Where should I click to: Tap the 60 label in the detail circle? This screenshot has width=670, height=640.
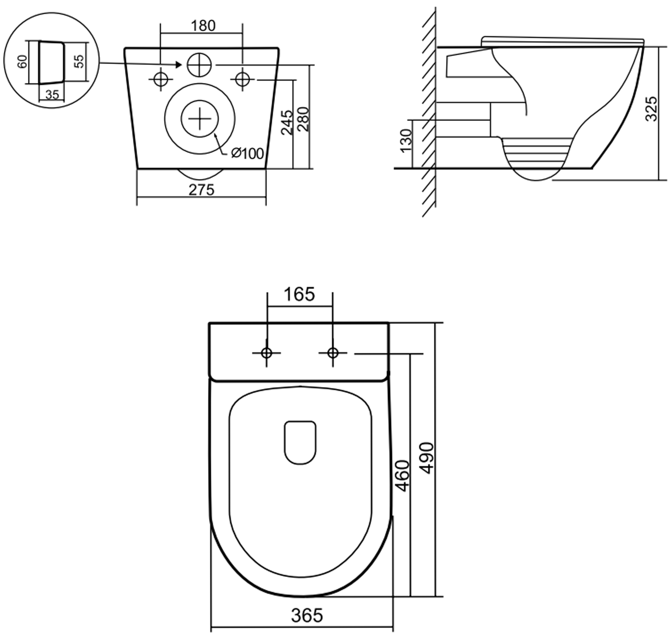(22, 62)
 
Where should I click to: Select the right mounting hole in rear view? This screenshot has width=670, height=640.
(243, 80)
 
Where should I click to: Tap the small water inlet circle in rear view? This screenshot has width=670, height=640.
(199, 64)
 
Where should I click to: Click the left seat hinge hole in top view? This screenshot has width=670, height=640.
(266, 353)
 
